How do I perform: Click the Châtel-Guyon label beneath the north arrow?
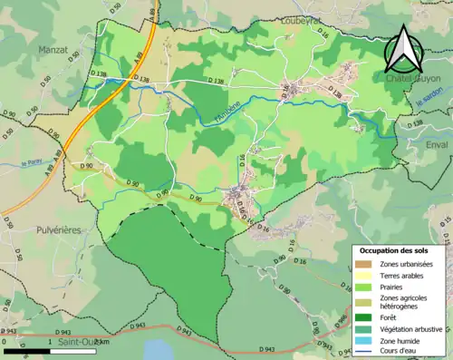point(412,79)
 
